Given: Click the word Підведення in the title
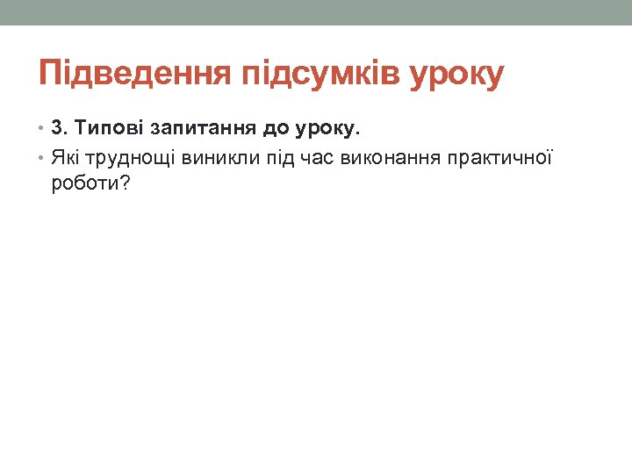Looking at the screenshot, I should click(131, 75).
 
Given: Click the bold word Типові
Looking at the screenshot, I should click(110, 130).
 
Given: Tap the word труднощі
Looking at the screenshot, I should click(129, 158).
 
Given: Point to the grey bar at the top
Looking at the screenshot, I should click(316, 12).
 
